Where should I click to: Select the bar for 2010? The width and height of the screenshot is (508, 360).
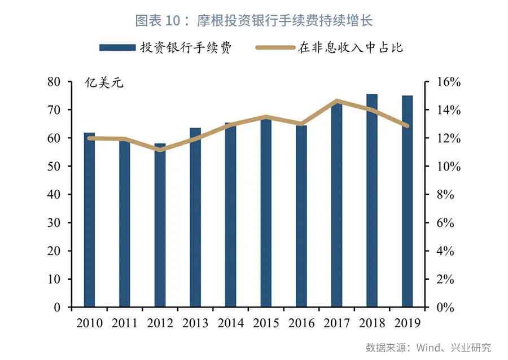(89, 220)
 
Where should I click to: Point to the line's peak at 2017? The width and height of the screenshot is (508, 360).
(336, 102)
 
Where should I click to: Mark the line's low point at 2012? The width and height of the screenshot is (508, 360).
(160, 150)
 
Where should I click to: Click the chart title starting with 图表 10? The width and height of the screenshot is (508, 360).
(254, 21)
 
